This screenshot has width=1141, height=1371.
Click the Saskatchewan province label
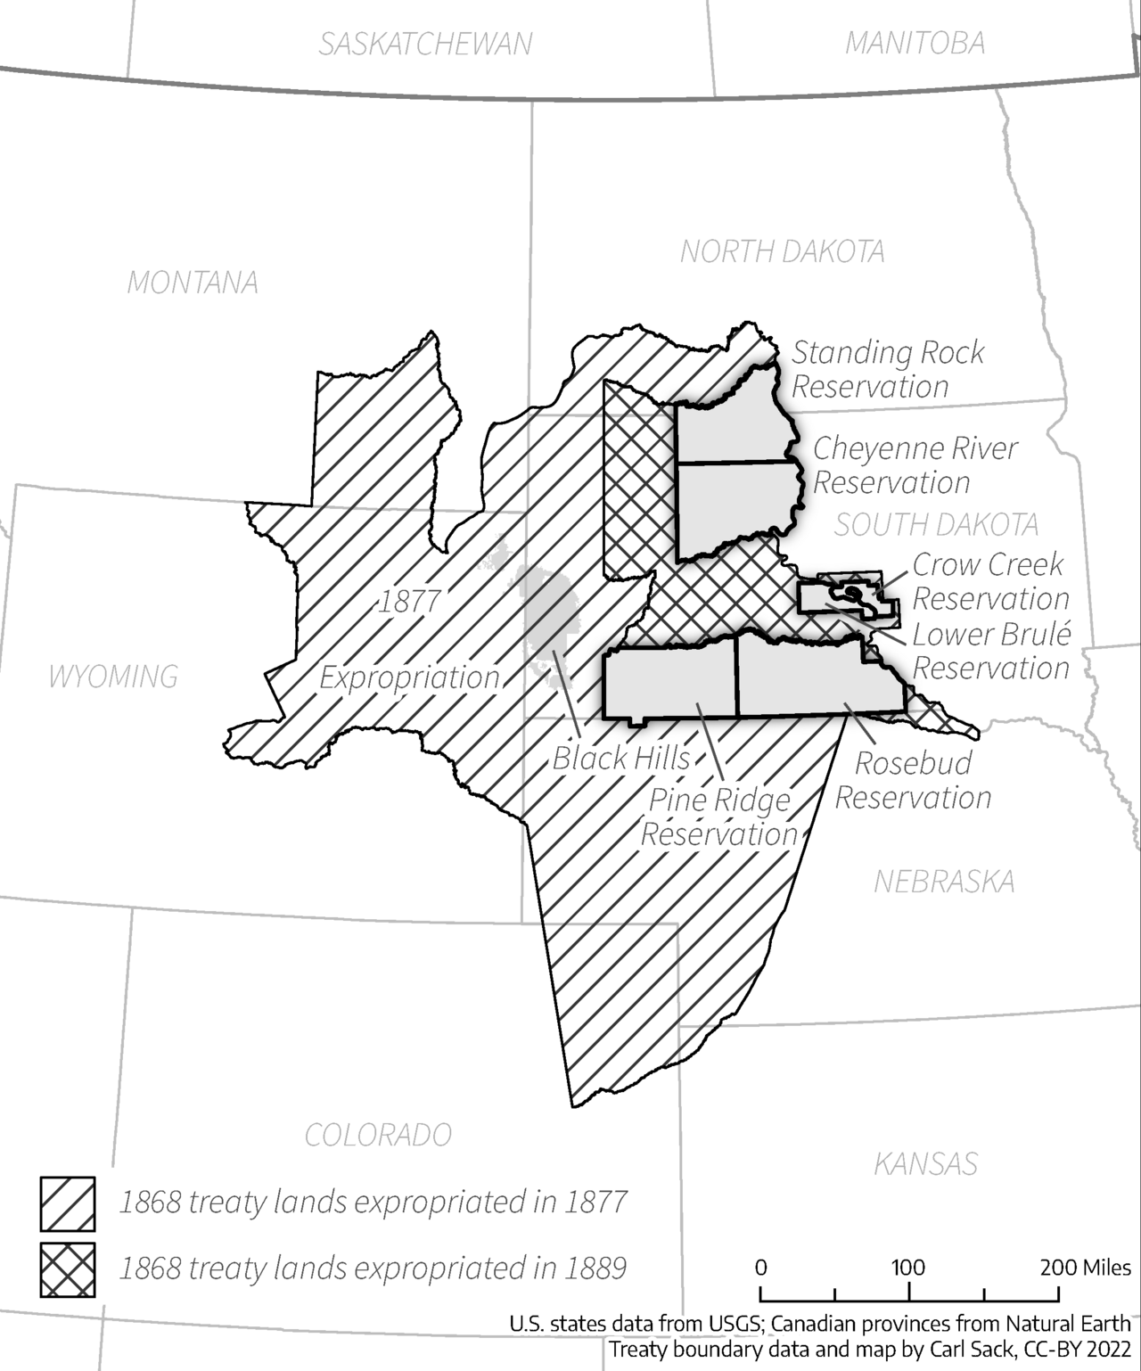425,44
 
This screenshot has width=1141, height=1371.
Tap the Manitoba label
915,43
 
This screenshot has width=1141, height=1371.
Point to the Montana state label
193,283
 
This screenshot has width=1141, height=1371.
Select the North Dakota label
783,252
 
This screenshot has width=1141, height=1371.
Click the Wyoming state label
113,677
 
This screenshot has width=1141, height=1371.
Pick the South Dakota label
936,525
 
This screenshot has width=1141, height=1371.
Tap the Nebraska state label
944,882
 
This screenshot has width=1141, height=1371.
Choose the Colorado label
378,1135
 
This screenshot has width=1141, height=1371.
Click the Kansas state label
925,1164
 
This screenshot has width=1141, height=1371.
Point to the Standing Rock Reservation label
887,370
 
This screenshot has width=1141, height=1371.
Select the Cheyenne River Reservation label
914,465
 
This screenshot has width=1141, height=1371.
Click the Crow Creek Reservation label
989,581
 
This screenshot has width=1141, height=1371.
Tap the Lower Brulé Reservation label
990,651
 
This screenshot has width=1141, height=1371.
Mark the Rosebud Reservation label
913,780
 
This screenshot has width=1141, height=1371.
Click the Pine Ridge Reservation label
718,817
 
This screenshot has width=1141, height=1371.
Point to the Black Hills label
621,759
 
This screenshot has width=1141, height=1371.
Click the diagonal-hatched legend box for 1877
67,1203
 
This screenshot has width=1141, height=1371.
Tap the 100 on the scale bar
908,1268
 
